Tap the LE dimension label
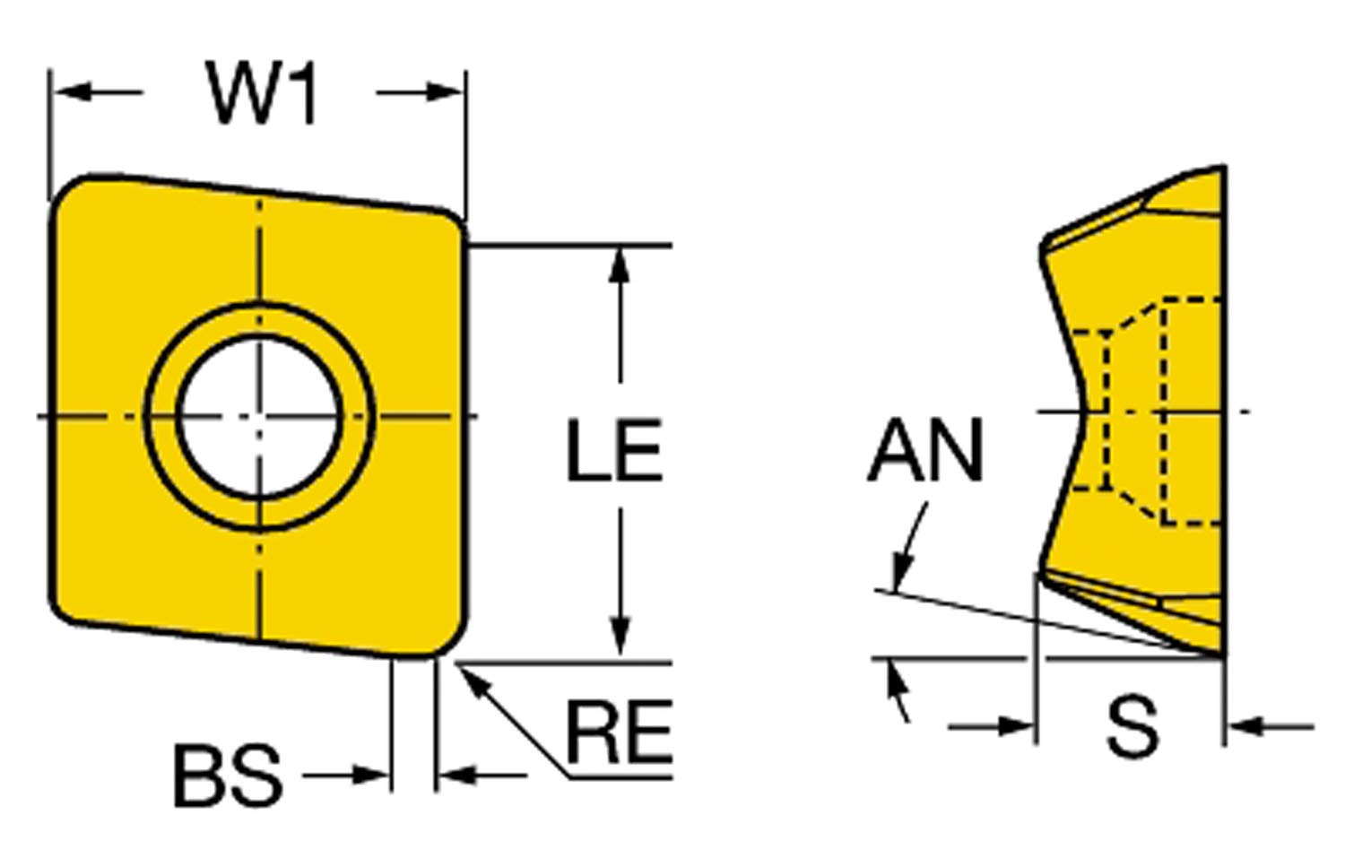[x=614, y=450]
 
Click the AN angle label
[x=925, y=450]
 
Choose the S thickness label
[x=1132, y=727]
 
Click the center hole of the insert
[x=259, y=416]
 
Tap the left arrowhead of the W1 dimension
[x=74, y=92]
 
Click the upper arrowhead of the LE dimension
[x=619, y=265]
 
